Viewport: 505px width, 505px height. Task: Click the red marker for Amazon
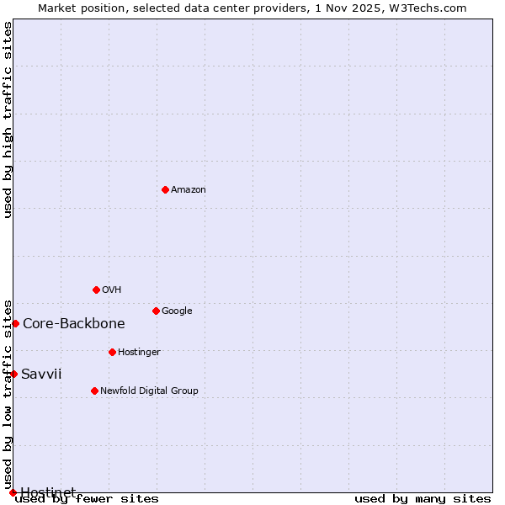click(165, 189)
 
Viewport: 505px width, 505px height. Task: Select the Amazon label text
click(189, 190)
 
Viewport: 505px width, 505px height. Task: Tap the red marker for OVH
click(96, 290)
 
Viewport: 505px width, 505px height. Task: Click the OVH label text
click(112, 290)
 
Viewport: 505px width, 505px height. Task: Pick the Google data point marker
click(156, 311)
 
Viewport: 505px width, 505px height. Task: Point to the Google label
click(177, 311)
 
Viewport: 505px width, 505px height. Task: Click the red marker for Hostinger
click(112, 352)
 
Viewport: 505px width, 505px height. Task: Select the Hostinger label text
click(139, 353)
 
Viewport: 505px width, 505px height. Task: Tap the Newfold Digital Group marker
click(94, 391)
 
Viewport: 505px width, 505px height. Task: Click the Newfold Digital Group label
click(149, 391)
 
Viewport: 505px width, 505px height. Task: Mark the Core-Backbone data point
click(15, 323)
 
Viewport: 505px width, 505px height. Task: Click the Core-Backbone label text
click(74, 324)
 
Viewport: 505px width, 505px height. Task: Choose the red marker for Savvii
click(13, 374)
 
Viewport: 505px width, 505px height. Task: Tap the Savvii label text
click(41, 375)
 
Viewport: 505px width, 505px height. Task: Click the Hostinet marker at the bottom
click(13, 492)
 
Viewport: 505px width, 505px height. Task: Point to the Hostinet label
click(48, 492)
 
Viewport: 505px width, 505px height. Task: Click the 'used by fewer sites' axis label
click(87, 499)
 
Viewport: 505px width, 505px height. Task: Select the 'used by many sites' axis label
click(423, 499)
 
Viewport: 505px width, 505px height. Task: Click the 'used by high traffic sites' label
click(8, 120)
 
